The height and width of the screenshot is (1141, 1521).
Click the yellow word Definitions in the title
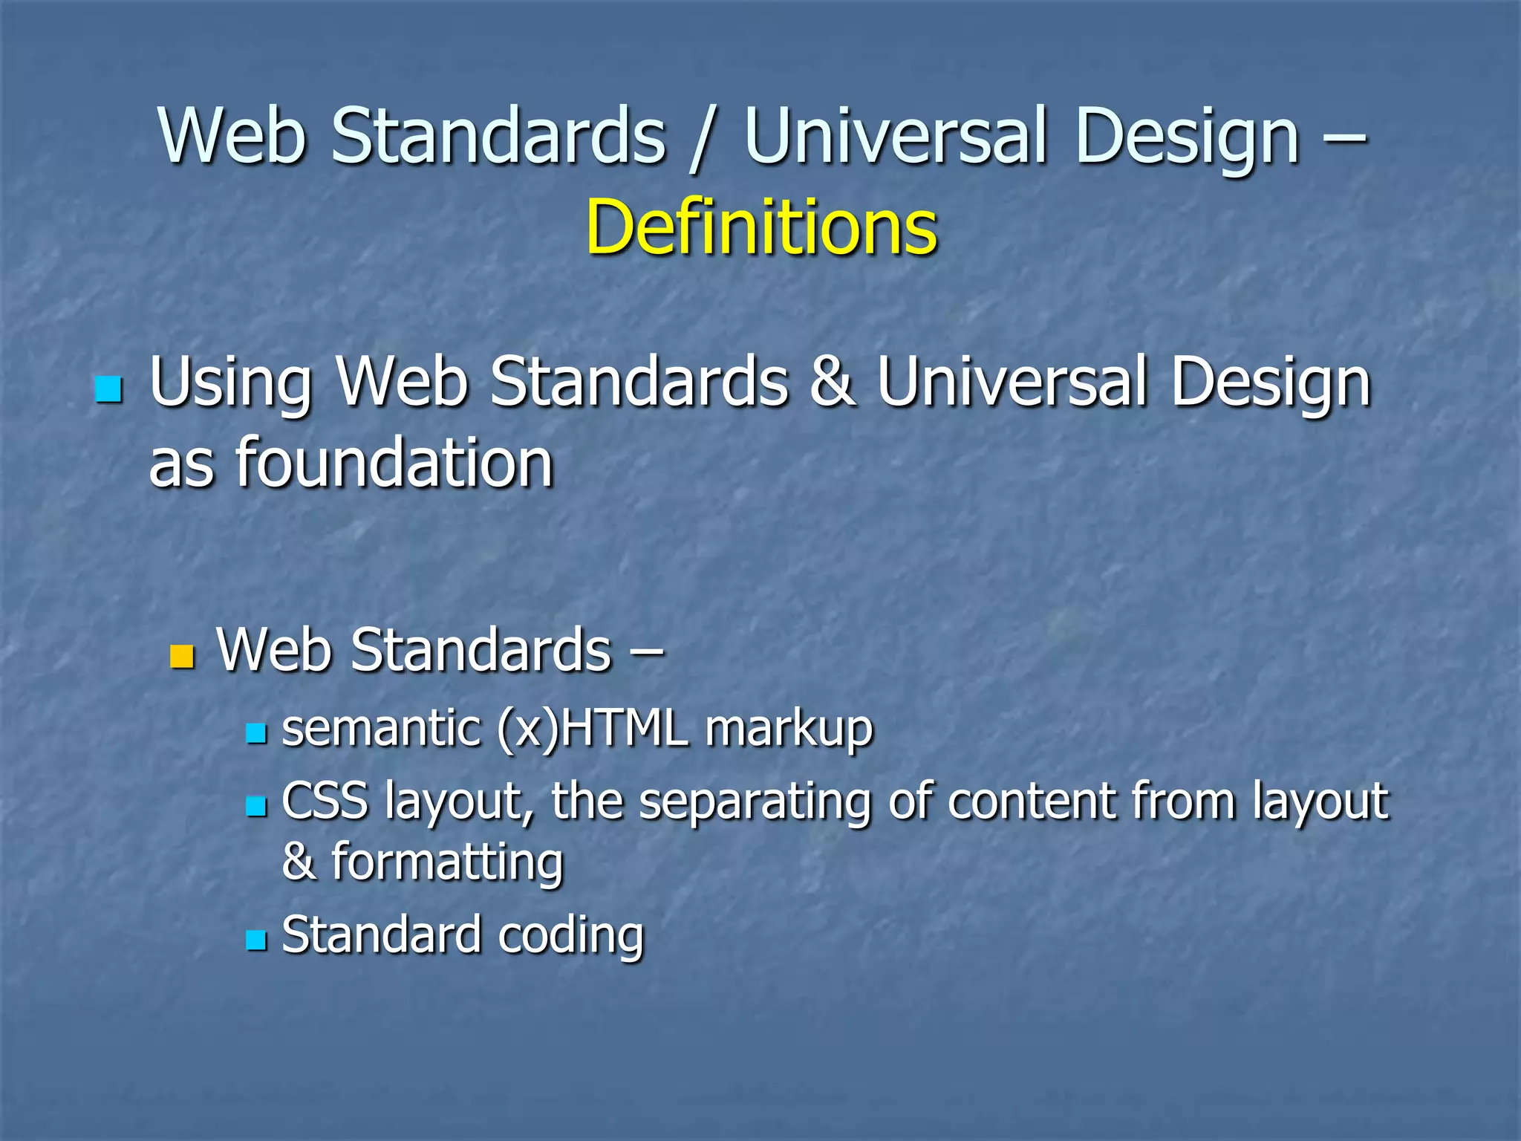click(x=761, y=227)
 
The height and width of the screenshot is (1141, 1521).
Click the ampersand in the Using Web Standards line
click(x=832, y=382)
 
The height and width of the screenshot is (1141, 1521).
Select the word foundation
click(x=394, y=464)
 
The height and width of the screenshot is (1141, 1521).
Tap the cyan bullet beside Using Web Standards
click(x=108, y=389)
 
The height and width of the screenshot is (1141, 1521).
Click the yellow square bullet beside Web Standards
click(x=182, y=656)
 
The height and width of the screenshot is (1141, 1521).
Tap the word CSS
click(x=325, y=801)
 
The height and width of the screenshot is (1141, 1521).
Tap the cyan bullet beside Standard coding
click(x=256, y=940)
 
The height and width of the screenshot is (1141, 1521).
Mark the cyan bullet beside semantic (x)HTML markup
click(x=256, y=733)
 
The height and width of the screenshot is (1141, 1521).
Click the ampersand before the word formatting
click(x=299, y=861)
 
